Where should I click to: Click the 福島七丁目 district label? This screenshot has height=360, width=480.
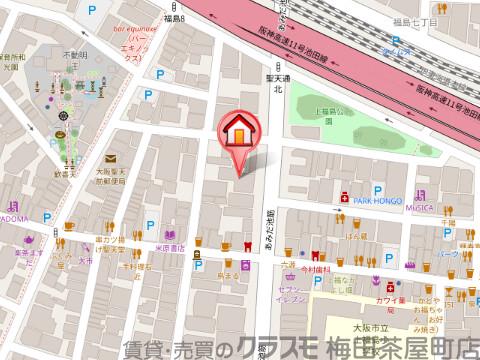click(x=411, y=18)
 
